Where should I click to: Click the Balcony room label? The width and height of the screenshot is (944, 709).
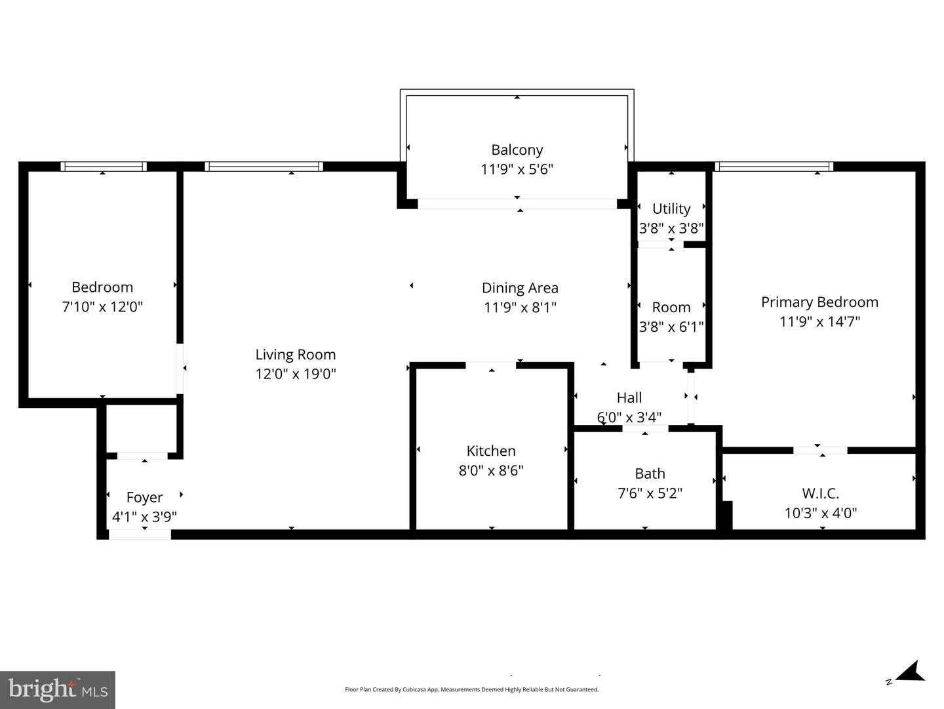click(517, 150)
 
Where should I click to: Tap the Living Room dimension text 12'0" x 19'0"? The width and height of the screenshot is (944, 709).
click(296, 374)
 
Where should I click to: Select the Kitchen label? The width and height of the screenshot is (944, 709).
click(491, 451)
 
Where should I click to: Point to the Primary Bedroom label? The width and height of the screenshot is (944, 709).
click(819, 302)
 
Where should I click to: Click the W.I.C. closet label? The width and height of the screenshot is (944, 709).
click(821, 493)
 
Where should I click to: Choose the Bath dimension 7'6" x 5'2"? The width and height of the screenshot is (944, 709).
click(650, 493)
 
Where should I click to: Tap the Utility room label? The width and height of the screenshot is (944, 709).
click(671, 209)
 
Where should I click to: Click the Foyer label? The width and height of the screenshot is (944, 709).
click(144, 497)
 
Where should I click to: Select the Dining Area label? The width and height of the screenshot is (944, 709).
click(520, 288)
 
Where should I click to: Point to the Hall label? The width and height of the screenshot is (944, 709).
click(629, 397)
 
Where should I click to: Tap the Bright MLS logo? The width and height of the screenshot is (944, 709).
click(58, 690)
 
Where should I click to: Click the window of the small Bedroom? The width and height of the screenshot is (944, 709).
click(103, 167)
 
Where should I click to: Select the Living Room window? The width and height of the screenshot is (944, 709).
click(264, 167)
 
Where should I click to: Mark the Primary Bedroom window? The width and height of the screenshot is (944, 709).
click(774, 167)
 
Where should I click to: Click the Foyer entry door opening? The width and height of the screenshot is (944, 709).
click(140, 535)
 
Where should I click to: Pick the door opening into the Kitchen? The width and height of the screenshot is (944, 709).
click(491, 365)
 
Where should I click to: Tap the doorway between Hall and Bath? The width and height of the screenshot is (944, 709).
click(645, 428)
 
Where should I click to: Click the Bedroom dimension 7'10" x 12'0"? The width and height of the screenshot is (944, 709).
click(102, 307)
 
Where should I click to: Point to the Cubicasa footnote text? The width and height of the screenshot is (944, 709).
click(472, 689)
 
